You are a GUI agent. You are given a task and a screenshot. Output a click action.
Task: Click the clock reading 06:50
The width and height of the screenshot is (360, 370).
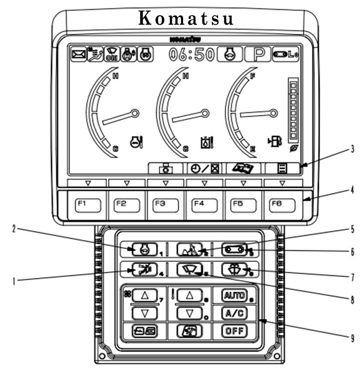191,55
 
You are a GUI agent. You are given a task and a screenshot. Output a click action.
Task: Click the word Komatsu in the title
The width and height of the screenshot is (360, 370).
186,19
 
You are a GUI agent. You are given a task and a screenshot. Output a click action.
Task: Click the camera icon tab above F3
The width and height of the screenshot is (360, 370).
167,168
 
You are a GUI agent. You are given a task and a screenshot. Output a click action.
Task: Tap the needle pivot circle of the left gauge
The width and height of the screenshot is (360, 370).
135,113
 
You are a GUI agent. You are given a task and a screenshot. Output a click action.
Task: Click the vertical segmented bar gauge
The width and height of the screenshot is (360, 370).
294,110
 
